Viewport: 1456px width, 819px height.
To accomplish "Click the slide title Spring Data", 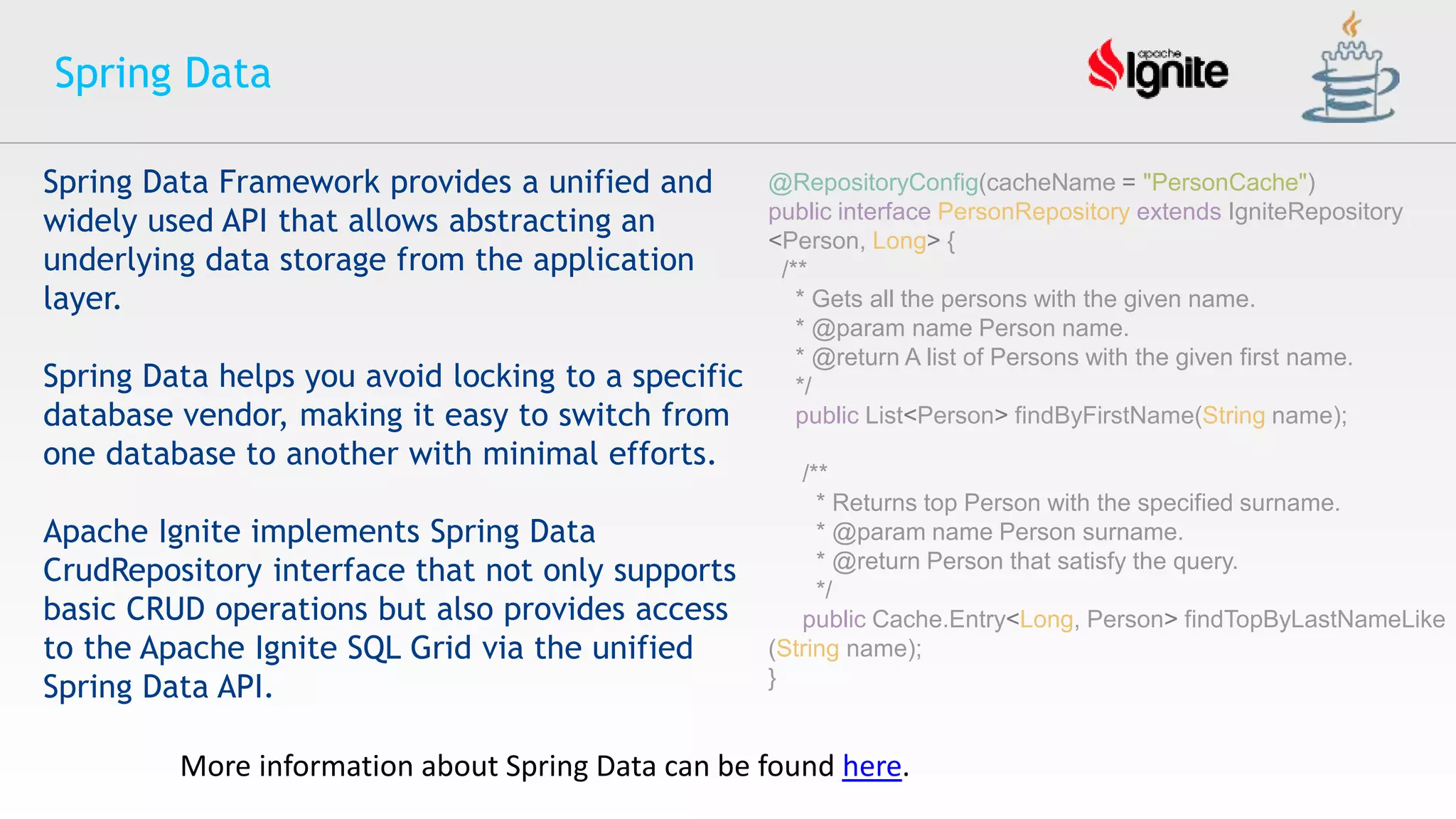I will pyautogui.click(x=163, y=73).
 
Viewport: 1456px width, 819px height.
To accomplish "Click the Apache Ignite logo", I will pyautogui.click(x=1158, y=69).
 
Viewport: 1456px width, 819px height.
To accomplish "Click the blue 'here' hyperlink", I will pyautogui.click(x=872, y=766).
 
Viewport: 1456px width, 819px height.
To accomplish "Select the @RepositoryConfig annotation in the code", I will pyautogui.click(x=873, y=183).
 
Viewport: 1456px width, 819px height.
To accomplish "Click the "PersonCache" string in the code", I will pyautogui.click(x=1225, y=183).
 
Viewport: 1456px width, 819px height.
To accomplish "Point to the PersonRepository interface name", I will pyautogui.click(x=1033, y=212).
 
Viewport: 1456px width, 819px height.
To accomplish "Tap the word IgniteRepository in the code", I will pyautogui.click(x=1315, y=212).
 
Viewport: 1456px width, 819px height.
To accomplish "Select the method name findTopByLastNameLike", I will pyautogui.click(x=1315, y=619).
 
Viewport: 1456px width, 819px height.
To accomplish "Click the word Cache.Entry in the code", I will pyautogui.click(x=938, y=619).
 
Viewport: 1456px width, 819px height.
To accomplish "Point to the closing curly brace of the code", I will pyautogui.click(x=772, y=678).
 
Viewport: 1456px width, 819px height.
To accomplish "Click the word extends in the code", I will pyautogui.click(x=1178, y=212).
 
